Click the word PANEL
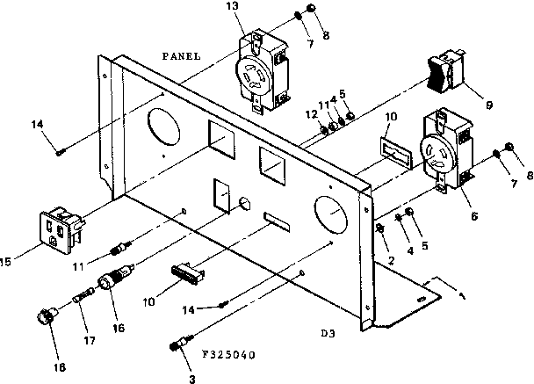coord(182,55)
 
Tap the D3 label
coord(328,334)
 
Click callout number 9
coord(488,105)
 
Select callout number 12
coord(312,115)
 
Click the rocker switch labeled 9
coord(444,75)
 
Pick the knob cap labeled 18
coord(41,315)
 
